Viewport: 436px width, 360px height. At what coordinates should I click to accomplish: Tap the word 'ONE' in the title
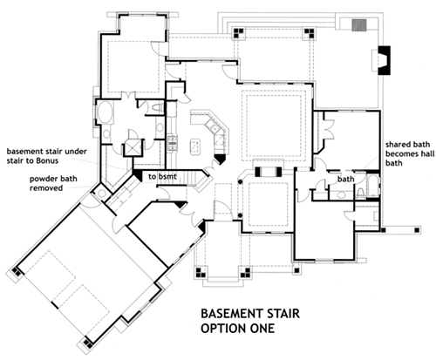point(259,329)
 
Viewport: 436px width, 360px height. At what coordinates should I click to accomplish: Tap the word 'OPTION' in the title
point(222,329)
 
